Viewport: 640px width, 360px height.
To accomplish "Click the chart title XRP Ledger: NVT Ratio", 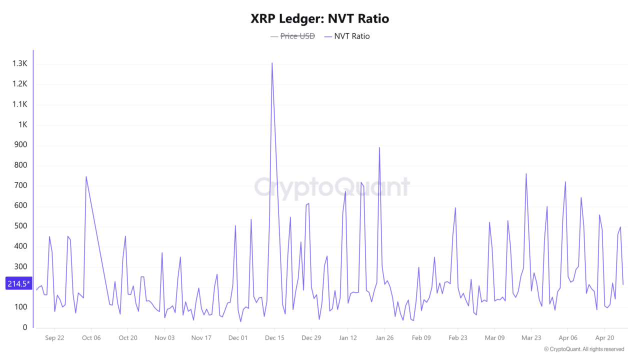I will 319,18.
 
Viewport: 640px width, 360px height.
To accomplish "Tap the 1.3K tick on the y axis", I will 20,64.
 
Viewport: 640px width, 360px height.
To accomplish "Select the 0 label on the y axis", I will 24,327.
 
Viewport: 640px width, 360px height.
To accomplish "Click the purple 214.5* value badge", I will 18,283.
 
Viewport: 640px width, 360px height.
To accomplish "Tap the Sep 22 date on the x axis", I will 54,338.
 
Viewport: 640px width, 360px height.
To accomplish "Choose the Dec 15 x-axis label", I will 274,338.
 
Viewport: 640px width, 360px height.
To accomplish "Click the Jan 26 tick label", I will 384,338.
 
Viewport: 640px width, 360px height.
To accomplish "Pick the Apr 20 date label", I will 604,338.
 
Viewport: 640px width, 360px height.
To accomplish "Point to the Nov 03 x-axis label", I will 164,338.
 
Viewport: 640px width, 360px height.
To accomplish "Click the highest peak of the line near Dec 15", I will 272,63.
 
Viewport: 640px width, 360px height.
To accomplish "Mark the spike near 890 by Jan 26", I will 379,147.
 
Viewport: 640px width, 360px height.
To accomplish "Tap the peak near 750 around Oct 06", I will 86,176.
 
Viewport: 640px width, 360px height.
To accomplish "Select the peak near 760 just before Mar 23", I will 526,174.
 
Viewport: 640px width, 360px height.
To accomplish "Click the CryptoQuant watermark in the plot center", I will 331,187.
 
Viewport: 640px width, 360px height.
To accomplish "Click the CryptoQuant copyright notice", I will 583,349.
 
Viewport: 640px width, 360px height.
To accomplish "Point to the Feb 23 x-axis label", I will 457,338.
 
